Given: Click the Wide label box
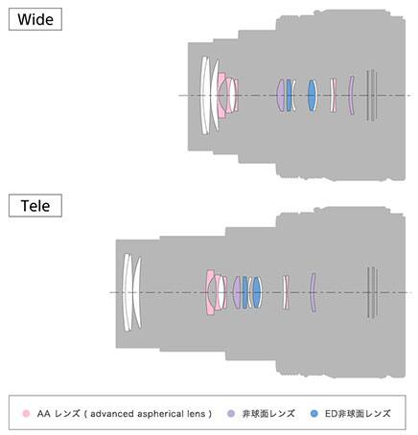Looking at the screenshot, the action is (x=35, y=19).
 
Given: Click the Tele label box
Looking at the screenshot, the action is (x=35, y=206).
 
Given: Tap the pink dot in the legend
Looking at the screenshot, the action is (x=26, y=414).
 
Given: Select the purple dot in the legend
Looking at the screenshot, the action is (x=231, y=414).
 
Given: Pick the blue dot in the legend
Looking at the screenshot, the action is (x=314, y=414).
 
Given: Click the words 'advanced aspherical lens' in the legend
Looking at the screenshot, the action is (x=148, y=414).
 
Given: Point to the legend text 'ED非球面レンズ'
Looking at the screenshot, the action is (x=358, y=414).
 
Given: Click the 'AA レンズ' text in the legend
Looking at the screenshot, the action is (x=58, y=414).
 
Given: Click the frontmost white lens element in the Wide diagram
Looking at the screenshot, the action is (x=204, y=95).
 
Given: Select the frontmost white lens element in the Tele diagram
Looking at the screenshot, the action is (x=128, y=292).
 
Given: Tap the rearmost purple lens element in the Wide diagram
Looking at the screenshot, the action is (x=351, y=95).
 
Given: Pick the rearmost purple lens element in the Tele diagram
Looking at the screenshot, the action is (x=313, y=292).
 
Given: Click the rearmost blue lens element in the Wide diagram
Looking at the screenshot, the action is (x=312, y=95).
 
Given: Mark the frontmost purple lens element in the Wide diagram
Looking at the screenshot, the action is (x=281, y=95).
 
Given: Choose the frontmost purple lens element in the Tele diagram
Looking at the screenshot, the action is (x=237, y=292).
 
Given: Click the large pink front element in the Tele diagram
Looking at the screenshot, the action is (x=210, y=292).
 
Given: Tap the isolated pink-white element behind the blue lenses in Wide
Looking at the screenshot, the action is (x=333, y=95).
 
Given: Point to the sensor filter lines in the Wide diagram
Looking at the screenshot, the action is (x=372, y=95).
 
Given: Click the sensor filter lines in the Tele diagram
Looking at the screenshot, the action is (x=372, y=292).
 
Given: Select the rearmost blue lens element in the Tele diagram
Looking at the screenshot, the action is (x=257, y=292).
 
